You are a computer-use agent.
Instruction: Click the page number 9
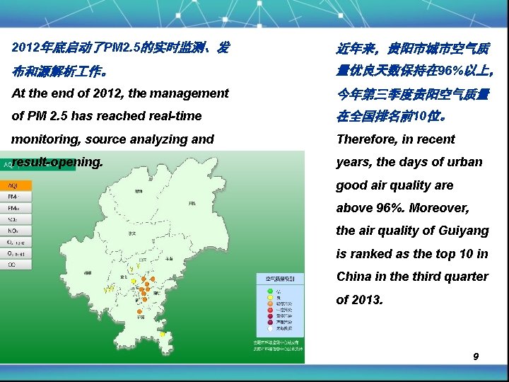476,357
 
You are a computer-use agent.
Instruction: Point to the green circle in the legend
269,291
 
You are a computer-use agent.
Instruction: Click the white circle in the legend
269,329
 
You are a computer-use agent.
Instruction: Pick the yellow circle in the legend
269,297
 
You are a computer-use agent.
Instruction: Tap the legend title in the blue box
280,279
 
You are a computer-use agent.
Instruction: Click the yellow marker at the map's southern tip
163,334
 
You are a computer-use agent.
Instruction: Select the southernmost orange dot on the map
139,311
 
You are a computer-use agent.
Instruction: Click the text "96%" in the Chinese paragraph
450,71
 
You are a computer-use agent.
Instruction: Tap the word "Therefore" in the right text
366,139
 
